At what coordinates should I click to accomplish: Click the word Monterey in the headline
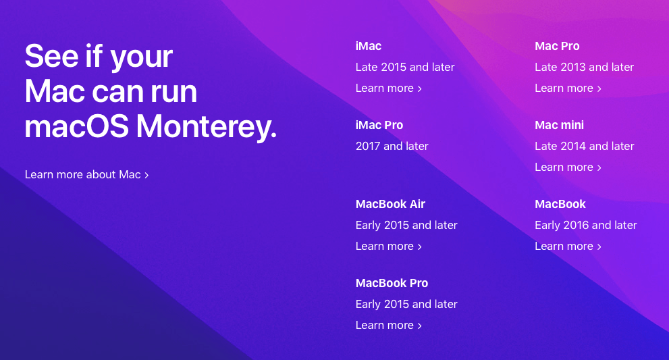point(207,127)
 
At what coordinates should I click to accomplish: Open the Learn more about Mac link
point(86,175)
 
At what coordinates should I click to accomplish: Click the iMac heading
point(368,46)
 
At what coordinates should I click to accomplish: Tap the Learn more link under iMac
point(389,88)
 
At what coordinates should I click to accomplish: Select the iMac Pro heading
point(379,125)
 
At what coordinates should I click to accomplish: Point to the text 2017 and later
point(392,146)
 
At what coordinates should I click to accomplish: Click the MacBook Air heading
point(390,204)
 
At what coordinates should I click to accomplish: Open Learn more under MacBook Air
point(389,246)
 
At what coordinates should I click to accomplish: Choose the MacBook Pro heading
point(392,283)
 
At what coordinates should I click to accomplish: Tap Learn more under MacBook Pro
point(389,325)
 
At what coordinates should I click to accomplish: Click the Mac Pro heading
point(557,46)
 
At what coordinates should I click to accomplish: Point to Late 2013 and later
point(584,67)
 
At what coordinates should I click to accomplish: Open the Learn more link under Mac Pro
point(568,88)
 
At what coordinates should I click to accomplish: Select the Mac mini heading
point(560,125)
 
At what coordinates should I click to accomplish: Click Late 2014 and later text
point(585,146)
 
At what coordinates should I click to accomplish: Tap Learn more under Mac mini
point(568,167)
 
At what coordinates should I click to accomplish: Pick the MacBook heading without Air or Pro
point(560,204)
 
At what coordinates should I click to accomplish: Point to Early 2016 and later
point(586,225)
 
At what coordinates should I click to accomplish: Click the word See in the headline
point(51,56)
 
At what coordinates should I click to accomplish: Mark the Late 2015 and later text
point(405,67)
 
